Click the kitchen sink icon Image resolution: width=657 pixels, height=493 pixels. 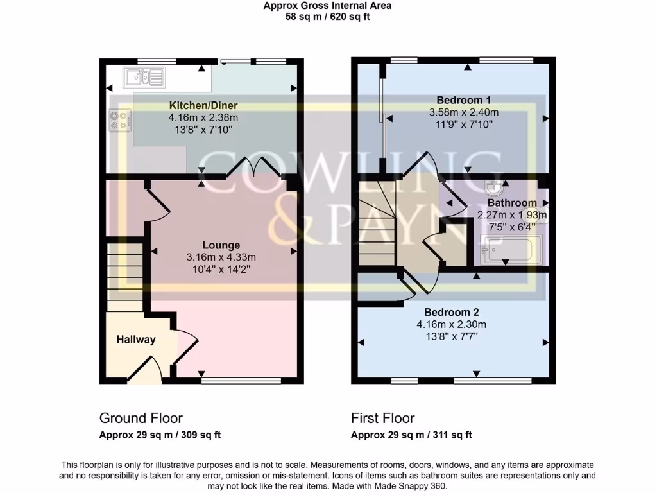(145, 78)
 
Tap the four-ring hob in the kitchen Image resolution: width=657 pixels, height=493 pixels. (119, 120)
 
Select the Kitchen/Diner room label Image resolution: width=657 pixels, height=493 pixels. (203, 106)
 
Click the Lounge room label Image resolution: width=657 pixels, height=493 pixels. (221, 245)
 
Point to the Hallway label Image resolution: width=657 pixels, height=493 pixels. (136, 340)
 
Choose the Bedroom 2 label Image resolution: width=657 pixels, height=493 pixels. (451, 313)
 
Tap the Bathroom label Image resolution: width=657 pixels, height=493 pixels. (511, 203)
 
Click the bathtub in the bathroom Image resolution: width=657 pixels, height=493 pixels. (511, 249)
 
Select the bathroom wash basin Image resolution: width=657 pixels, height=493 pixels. (495, 187)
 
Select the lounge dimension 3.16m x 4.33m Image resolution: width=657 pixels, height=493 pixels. (221, 257)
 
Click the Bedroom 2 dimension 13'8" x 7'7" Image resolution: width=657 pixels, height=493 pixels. (451, 336)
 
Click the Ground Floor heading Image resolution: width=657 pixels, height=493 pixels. (141, 419)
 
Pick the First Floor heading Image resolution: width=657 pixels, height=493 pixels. (382, 419)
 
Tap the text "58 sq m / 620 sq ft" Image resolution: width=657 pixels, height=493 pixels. (328, 17)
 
